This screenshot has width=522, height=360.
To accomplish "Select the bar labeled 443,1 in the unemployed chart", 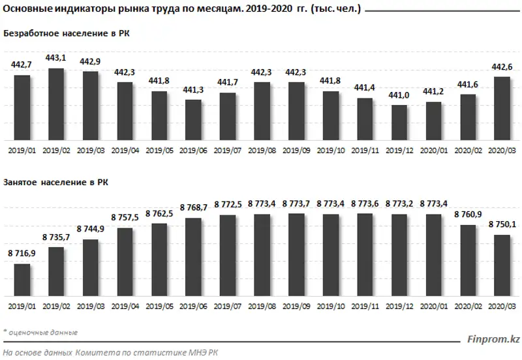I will (x=56, y=104).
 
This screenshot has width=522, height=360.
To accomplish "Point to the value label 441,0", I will (x=399, y=95).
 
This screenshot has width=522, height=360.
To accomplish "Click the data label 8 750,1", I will (x=502, y=225).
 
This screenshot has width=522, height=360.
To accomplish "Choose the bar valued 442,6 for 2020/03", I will (x=502, y=108).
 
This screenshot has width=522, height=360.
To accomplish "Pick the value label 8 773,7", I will (x=296, y=204).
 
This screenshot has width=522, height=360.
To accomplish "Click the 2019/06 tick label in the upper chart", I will (x=193, y=150).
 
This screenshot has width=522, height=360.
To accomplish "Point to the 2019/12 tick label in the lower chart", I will (x=399, y=305).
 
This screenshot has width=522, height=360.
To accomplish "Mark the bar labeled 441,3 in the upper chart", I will (x=193, y=120).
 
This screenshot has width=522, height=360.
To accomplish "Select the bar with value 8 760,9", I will (x=468, y=260).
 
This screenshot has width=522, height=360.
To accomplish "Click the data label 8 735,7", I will (x=56, y=237).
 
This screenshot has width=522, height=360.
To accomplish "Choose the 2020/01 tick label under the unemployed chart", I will (x=433, y=150).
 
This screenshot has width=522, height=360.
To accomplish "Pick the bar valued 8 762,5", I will (x=159, y=260).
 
